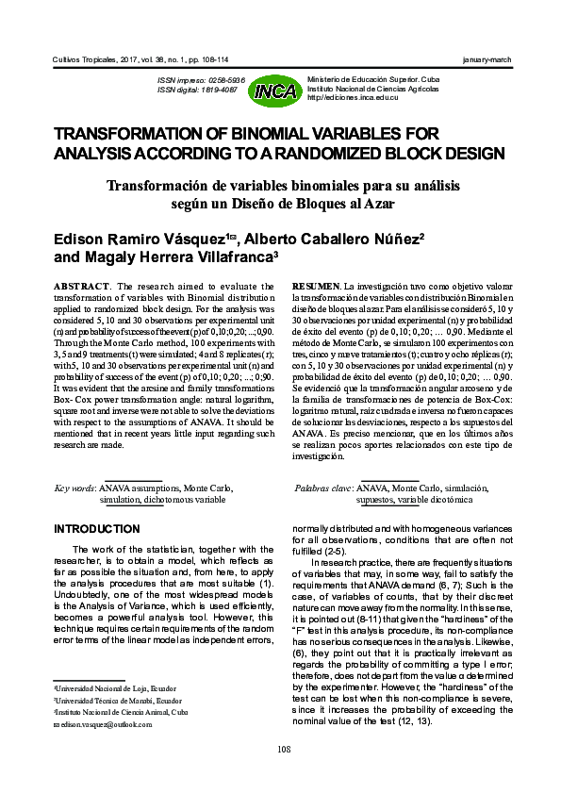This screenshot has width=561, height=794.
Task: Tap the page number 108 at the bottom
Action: [285, 749]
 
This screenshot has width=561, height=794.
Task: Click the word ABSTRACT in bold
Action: [76, 286]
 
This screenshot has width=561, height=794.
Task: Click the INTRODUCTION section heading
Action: [98, 529]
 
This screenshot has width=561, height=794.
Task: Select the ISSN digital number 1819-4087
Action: [223, 91]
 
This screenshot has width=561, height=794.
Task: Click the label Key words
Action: [74, 488]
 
